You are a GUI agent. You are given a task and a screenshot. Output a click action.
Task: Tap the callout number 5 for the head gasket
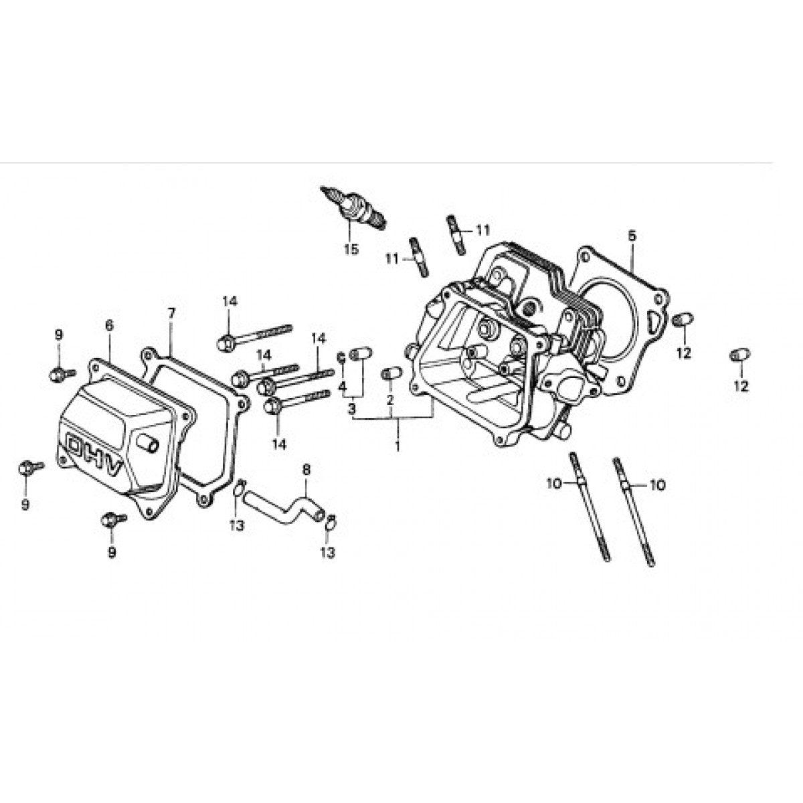[632, 236]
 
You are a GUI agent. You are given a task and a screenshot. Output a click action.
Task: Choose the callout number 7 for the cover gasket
[171, 313]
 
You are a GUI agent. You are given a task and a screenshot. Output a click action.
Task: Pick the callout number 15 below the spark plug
[351, 250]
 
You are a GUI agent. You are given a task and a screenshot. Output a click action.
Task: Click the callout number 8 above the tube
[306, 470]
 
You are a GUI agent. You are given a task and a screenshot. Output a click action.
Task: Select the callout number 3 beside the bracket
[351, 408]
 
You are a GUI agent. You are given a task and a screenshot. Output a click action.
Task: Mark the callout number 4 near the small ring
[342, 387]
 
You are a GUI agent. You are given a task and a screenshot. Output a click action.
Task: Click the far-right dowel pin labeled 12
[739, 354]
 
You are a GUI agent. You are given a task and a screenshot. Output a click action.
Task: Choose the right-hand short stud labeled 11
[456, 234]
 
